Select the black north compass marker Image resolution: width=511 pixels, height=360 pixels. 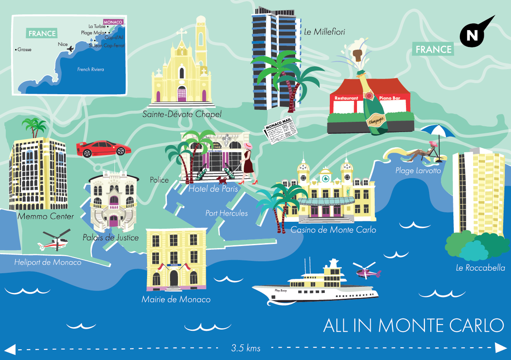click(x=473, y=35)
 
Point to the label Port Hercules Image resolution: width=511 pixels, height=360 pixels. click(x=227, y=213)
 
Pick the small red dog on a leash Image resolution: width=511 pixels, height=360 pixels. click(x=222, y=180)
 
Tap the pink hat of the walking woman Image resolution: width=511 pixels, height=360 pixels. click(x=248, y=146)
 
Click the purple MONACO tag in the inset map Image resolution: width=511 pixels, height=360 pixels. click(x=114, y=22)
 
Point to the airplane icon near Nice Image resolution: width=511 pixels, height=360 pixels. click(x=70, y=49)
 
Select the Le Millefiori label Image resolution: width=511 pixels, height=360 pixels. click(x=324, y=32)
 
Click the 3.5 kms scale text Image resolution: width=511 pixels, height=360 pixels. click(x=246, y=348)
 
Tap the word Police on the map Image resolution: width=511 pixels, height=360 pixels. click(x=159, y=180)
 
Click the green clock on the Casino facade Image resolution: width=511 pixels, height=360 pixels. click(x=325, y=178)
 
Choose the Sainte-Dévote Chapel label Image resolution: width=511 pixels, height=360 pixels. click(x=182, y=114)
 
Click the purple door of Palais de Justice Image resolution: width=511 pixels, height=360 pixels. click(x=113, y=221)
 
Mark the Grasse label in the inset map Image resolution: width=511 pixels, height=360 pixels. click(x=25, y=49)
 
